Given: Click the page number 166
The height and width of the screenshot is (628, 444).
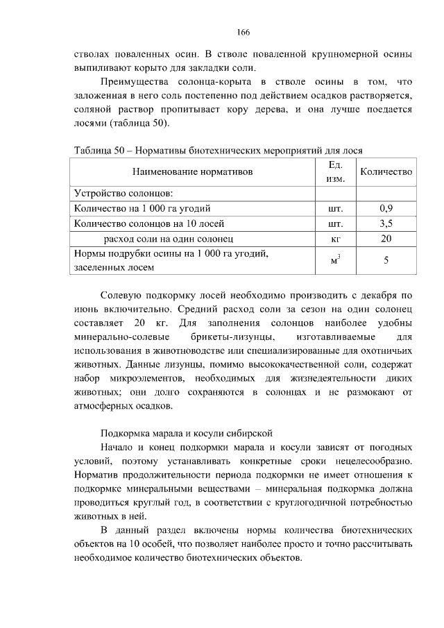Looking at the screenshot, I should pyautogui.click(x=243, y=33).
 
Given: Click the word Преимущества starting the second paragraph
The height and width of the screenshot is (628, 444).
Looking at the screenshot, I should pyautogui.click(x=135, y=83).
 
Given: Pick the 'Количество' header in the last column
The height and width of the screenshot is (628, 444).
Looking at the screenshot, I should pyautogui.click(x=386, y=171).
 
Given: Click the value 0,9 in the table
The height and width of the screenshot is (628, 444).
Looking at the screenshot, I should pyautogui.click(x=386, y=207).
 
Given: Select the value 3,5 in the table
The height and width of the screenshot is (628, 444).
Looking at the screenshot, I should pyautogui.click(x=386, y=223).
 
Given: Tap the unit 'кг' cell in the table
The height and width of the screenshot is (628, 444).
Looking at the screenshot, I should pyautogui.click(x=335, y=238).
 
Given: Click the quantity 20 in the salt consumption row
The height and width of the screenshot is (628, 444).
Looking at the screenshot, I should pyautogui.click(x=386, y=238).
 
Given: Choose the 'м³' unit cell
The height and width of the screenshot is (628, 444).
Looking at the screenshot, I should pyautogui.click(x=335, y=260).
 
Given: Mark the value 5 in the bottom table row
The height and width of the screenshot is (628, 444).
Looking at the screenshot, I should pyautogui.click(x=386, y=260).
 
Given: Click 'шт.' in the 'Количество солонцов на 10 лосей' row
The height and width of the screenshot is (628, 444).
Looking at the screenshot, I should pyautogui.click(x=335, y=223).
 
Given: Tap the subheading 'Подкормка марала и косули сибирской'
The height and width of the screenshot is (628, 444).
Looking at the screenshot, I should pyautogui.click(x=187, y=432).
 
